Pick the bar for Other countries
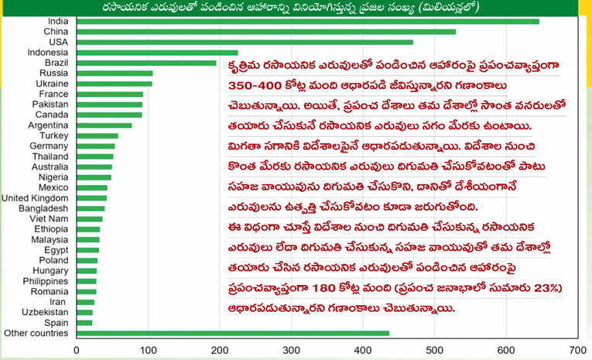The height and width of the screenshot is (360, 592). (x=232, y=333)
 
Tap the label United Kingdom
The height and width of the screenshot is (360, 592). (x=36, y=198)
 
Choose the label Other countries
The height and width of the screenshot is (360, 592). (x=36, y=333)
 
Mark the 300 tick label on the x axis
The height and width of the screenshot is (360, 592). (x=291, y=350)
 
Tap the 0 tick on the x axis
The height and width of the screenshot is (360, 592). (x=76, y=350)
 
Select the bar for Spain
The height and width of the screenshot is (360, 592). (x=84, y=322)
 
